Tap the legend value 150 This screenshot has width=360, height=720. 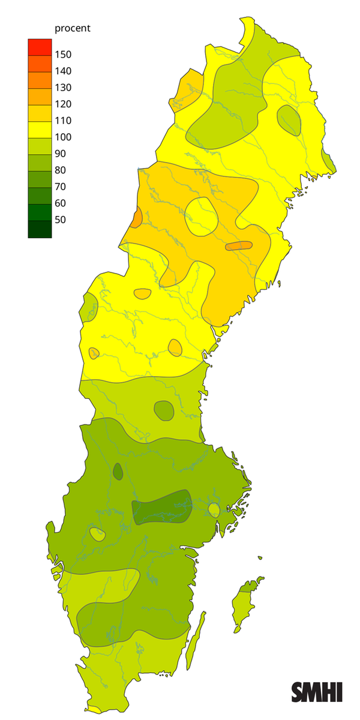point(63,55)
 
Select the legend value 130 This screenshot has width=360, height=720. point(63,88)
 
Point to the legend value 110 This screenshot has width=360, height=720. point(63,121)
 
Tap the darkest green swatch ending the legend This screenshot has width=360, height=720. point(40,229)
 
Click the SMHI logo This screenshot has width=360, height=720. point(317,692)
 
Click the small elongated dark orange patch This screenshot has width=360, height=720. point(239,245)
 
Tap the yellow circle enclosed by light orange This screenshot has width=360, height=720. point(201,216)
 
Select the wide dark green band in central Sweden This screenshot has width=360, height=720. point(161,508)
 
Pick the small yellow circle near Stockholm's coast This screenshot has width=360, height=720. point(214,510)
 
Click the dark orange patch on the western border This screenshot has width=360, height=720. point(137,217)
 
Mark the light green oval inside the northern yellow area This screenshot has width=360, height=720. point(290,120)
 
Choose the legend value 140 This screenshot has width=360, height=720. point(63,71)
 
